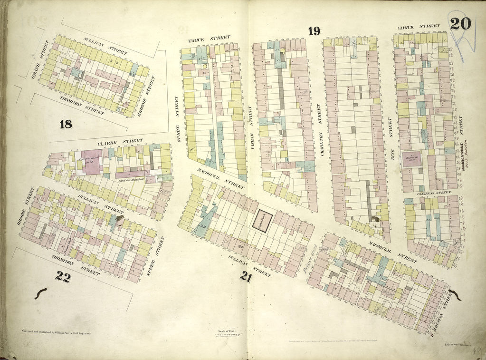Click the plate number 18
[66, 125]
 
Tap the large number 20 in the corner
[460, 23]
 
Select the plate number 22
[62, 277]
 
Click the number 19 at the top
[314, 31]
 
